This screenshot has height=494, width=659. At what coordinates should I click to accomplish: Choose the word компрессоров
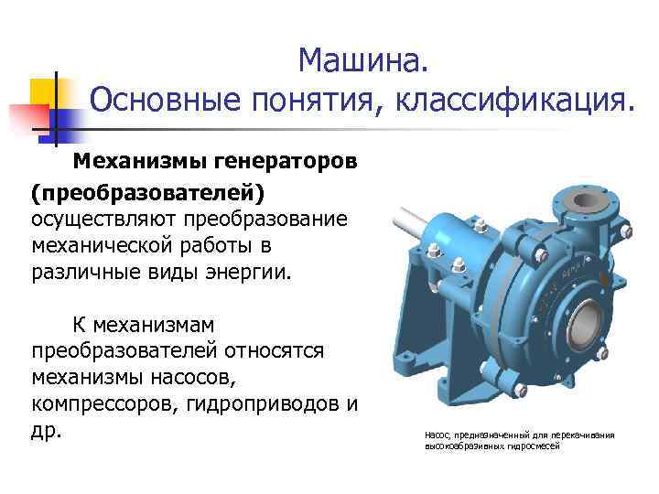[112, 403]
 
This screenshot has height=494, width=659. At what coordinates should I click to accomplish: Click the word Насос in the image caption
[438, 435]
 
